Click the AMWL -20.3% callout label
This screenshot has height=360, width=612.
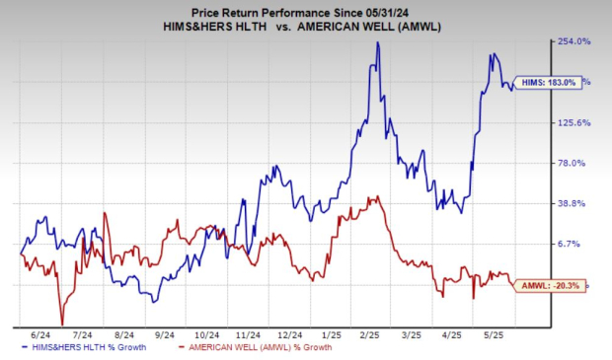click(548, 285)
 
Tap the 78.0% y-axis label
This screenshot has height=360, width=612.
click(575, 163)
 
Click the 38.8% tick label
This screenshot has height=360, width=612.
click(575, 203)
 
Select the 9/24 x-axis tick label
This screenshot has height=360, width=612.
click(165, 334)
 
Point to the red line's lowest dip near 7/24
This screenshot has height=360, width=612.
click(62, 324)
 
